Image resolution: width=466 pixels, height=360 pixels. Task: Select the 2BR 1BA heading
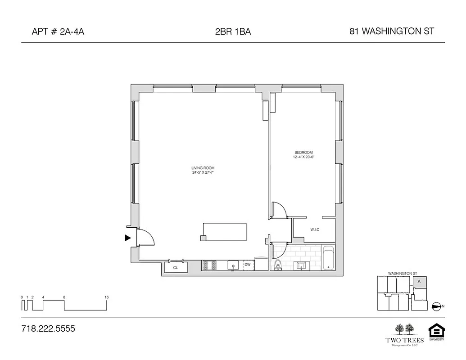(233, 31)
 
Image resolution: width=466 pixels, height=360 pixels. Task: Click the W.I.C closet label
(315, 230)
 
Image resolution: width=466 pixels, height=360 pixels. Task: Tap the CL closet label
(176, 268)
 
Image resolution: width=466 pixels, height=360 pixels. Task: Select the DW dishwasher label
(247, 265)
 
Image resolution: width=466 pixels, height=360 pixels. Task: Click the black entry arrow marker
(128, 238)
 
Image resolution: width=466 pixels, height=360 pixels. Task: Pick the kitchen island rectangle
(225, 232)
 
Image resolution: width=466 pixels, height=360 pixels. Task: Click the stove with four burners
(210, 265)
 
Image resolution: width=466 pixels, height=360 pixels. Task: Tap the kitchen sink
(233, 265)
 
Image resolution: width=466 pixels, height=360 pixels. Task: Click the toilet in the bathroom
(278, 265)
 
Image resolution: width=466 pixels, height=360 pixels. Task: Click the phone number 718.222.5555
(48, 328)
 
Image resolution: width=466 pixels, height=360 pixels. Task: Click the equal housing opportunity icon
(436, 332)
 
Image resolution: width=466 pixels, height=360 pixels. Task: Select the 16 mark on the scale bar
(106, 297)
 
